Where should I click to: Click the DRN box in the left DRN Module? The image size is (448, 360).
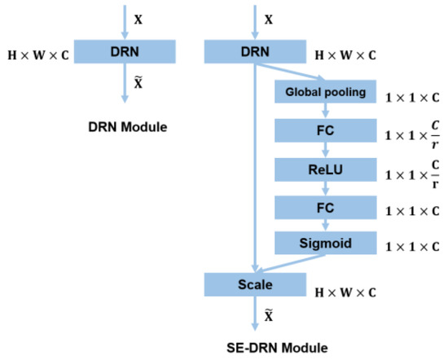coord(125,51)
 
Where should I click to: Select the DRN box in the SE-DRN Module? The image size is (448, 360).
coord(256,51)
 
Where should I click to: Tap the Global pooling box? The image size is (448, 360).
coord(326,92)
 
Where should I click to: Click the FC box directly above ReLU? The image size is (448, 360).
coord(326,130)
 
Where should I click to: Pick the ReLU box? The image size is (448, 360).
coord(326,169)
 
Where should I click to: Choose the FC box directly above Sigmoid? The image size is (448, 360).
coord(326,207)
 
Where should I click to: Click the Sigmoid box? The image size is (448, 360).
coord(326,243)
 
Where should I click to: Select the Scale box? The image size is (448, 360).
coord(256,284)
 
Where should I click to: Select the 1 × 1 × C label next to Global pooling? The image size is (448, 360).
coord(410,94)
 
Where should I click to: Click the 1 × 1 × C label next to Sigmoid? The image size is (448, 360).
coord(410,245)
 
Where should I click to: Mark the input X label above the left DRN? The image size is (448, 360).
coord(138,17)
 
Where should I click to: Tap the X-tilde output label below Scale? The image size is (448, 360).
coord(269,318)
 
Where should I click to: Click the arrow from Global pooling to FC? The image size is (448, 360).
coord(326,111)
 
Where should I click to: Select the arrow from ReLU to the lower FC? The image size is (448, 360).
coord(326,188)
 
